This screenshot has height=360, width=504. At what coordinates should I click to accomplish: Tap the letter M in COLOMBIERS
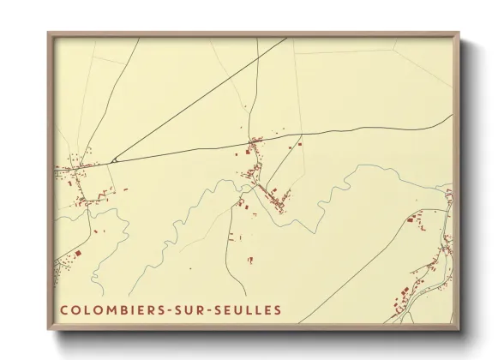coord(104,309)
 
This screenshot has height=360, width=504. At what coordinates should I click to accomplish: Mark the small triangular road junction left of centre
coord(113,159)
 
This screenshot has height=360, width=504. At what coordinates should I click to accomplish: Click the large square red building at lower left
coord(77,254)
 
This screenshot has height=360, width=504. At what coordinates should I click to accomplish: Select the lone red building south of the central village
coord(249,259)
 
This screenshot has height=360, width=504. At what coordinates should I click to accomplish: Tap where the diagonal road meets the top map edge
coord(285,38)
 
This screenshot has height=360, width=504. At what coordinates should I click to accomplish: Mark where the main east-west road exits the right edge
coord(452,116)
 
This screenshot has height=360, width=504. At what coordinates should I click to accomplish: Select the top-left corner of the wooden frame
coord(49,33)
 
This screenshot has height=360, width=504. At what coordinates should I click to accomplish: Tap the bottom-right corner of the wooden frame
coord(459,330)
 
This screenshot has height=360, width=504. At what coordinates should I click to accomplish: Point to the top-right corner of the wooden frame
coord(459,33)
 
